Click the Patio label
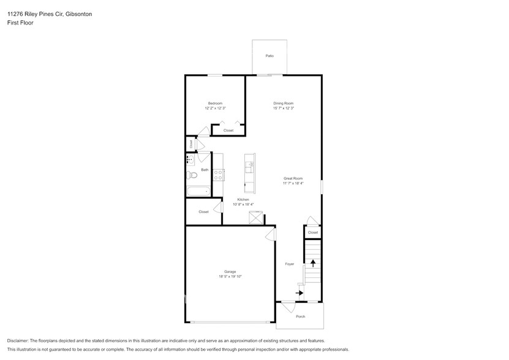click(x=270, y=56)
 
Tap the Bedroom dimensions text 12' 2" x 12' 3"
click(x=215, y=108)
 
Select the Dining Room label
click(x=284, y=103)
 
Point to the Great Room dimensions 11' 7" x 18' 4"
click(x=293, y=183)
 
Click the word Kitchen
click(x=243, y=200)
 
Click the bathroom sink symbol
click(x=190, y=160)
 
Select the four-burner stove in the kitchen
click(x=219, y=175)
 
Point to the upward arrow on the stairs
click(x=314, y=263)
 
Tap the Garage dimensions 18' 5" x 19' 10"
click(x=230, y=276)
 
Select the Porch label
click(x=300, y=317)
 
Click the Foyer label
click(x=290, y=264)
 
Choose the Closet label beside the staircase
click(x=312, y=233)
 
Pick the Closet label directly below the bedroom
click(x=228, y=130)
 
